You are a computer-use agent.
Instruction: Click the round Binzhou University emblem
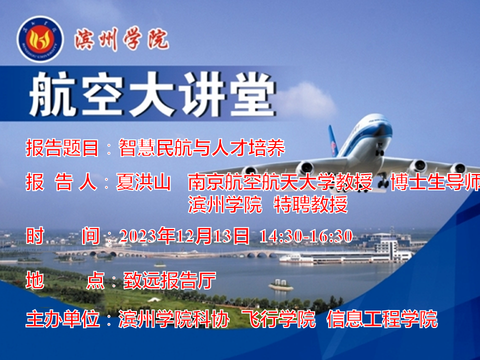tap(40, 39)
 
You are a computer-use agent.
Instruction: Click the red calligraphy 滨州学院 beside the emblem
tap(121, 39)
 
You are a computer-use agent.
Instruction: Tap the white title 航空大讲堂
tap(152, 94)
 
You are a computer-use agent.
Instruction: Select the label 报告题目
tap(62, 148)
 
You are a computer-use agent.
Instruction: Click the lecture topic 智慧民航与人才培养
tap(201, 148)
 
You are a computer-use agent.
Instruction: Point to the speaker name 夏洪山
tap(143, 182)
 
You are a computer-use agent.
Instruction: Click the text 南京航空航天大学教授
tap(280, 182)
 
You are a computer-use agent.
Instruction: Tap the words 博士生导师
tap(435, 182)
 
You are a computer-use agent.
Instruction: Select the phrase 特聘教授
tap(310, 204)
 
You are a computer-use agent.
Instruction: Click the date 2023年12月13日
tap(184, 236)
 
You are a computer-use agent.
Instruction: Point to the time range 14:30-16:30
tap(306, 236)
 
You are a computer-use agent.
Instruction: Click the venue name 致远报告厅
tap(169, 280)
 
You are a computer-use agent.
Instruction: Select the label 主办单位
tap(62, 319)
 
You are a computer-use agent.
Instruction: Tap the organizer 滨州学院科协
tap(174, 319)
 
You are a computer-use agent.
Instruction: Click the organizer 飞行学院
tap(278, 319)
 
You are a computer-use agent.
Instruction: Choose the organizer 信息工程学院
tap(382, 319)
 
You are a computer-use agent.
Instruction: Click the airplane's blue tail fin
tap(333, 141)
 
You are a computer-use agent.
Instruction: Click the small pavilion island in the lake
tap(280, 285)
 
